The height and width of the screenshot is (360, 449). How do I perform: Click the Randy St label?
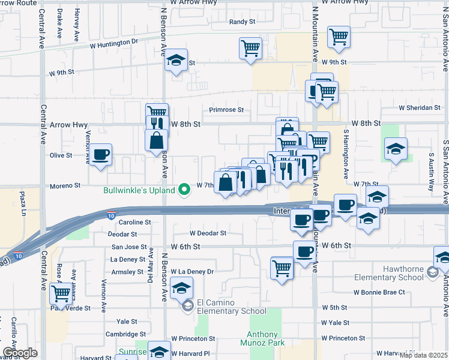243,22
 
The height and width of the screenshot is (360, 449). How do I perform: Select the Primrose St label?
226,110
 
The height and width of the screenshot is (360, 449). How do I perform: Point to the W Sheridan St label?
420,108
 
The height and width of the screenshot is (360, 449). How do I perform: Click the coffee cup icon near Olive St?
101,154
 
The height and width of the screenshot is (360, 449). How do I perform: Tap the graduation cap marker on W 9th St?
176,61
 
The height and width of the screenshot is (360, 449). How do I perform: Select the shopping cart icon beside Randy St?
250,48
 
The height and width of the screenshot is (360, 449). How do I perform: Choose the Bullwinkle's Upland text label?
139,191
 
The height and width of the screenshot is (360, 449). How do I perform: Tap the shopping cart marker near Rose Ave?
61,294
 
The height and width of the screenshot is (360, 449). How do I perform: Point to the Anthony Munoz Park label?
263,340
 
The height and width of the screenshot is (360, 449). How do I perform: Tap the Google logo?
20,353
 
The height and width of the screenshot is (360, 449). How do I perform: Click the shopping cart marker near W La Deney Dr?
282,268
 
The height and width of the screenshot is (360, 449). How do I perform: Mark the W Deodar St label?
208,233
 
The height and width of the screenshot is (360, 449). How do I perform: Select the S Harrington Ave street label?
346,154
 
